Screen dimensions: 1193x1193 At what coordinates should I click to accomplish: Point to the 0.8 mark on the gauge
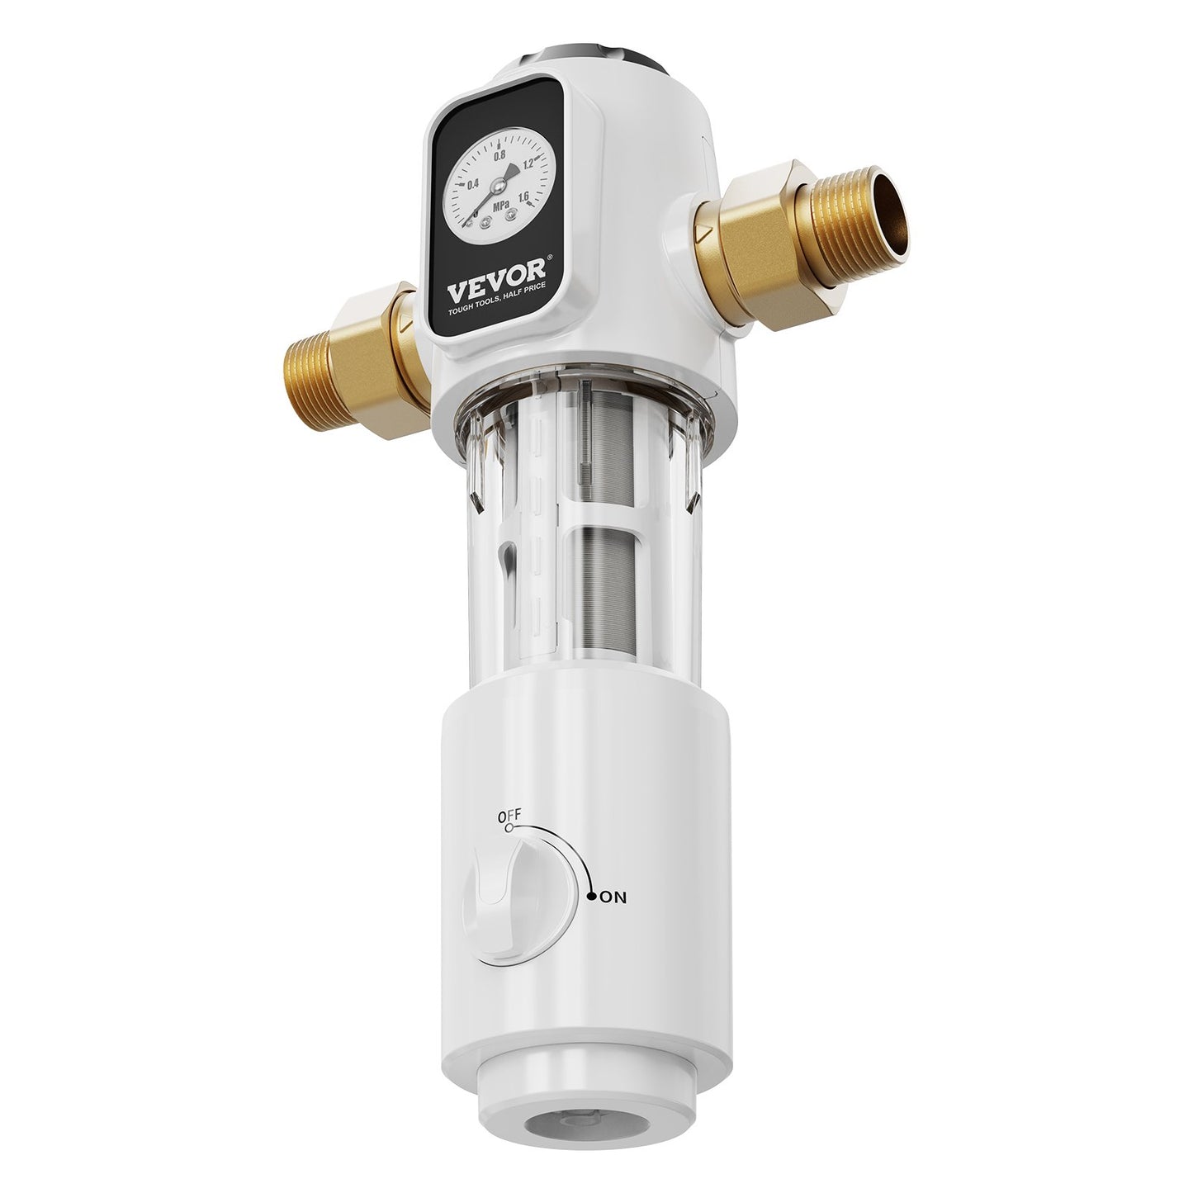[x=499, y=155]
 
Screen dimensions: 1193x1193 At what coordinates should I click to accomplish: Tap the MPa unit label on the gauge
[x=499, y=205]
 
